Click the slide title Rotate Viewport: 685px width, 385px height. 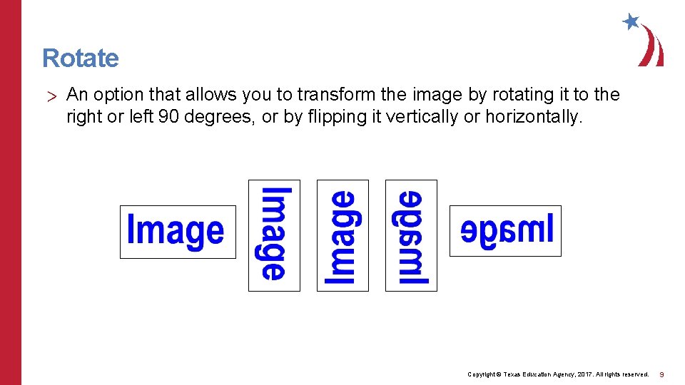(81, 58)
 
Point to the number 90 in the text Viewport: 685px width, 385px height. (168, 116)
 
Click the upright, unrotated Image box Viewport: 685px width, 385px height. (177, 232)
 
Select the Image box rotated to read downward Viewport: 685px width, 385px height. (274, 235)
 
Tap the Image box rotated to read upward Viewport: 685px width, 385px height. (342, 235)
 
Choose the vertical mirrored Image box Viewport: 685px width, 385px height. (411, 235)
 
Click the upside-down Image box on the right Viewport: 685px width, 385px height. (505, 230)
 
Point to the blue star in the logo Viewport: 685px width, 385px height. (631, 21)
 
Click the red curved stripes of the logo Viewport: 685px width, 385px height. (651, 47)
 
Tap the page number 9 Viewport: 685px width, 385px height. (661, 374)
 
